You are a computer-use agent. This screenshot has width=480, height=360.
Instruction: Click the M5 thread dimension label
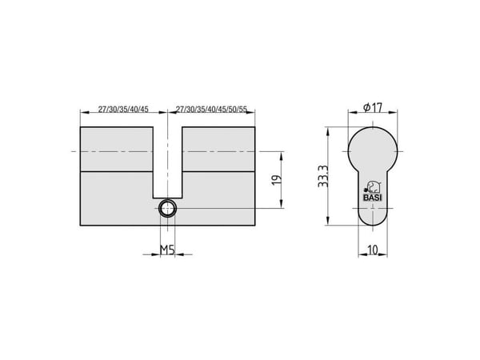[167, 250]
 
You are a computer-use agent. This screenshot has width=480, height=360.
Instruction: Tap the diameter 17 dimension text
[373, 107]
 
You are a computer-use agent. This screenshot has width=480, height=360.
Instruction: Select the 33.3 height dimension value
[323, 176]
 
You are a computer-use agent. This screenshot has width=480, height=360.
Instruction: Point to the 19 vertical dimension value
[277, 180]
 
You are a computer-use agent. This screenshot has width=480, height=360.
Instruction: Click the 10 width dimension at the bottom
[373, 250]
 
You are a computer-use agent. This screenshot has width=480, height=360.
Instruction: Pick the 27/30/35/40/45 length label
[123, 110]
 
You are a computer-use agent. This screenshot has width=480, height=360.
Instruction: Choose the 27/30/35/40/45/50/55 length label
[212, 110]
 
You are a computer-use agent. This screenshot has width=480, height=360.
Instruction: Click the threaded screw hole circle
[167, 209]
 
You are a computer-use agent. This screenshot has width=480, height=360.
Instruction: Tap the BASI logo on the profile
[373, 191]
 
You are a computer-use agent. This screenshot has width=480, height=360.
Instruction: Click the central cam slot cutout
[167, 162]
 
